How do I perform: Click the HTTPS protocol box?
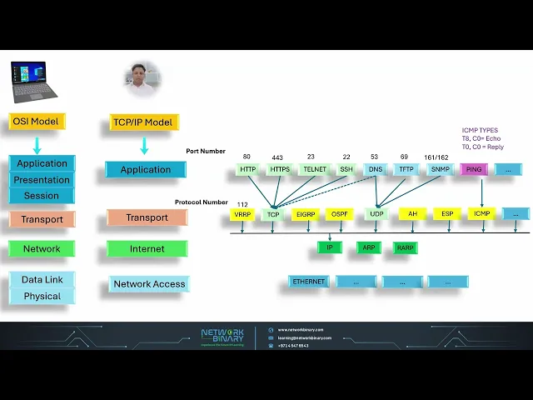[279, 169]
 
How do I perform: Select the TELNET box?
[315, 169]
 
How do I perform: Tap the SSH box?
[346, 169]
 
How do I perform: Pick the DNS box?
[376, 169]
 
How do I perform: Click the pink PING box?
[474, 169]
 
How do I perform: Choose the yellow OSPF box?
[339, 214]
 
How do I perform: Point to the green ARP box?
[369, 247]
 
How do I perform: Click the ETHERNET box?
[309, 282]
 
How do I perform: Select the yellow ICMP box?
[481, 214]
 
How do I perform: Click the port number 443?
[277, 157]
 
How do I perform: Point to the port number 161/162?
[436, 157]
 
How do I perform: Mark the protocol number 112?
[242, 204]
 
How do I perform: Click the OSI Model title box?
[37, 122]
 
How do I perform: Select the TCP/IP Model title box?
[145, 122]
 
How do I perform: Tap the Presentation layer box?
[42, 180]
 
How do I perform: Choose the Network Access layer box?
[149, 284]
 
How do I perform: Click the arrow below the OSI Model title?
[37, 145]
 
